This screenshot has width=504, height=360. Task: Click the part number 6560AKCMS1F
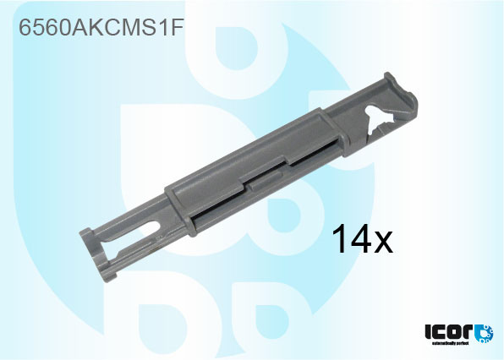(101, 29)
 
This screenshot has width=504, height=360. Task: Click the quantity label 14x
(361, 240)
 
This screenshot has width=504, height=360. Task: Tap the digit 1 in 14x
(337, 240)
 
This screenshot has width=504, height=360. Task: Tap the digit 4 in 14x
(359, 240)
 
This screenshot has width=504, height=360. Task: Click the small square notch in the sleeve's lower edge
(249, 183)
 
